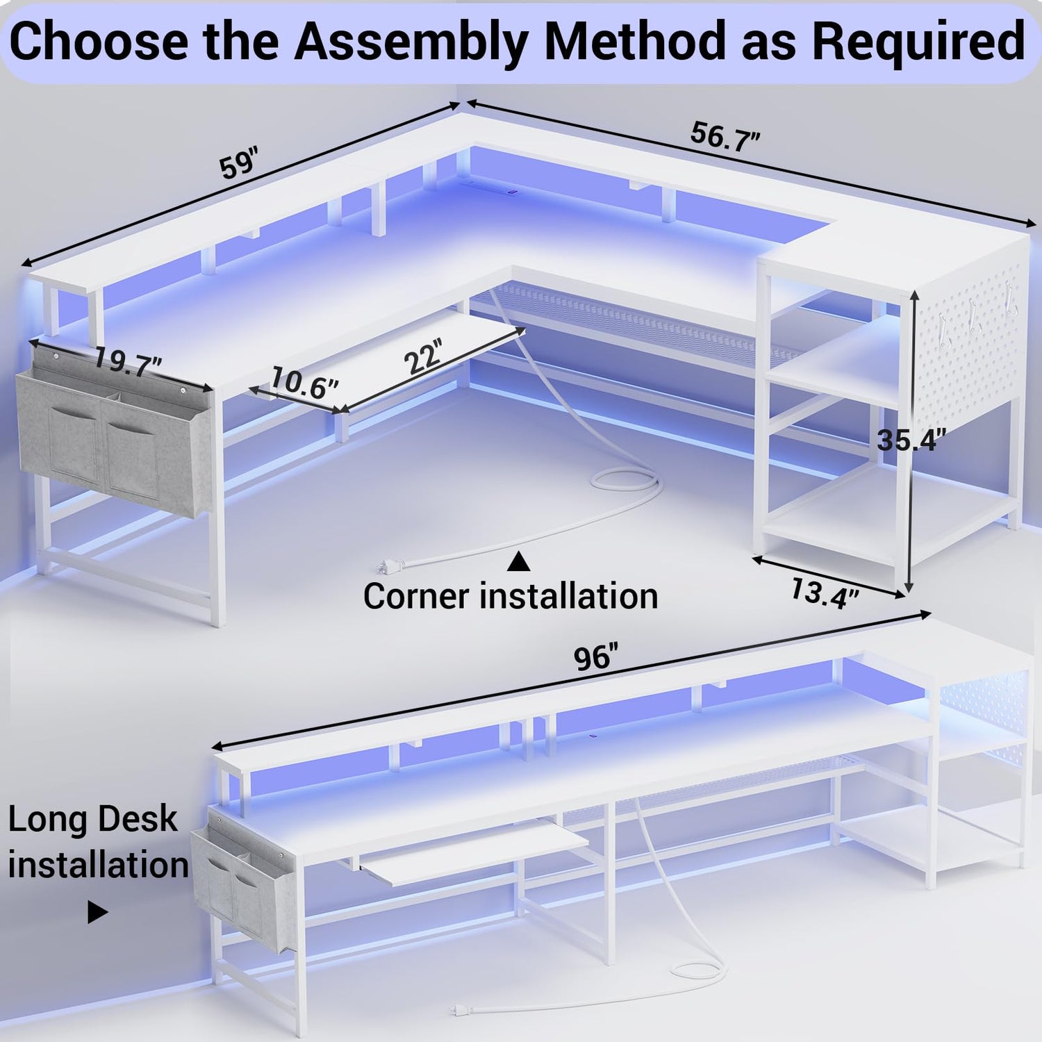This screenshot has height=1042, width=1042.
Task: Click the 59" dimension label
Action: point(238,164)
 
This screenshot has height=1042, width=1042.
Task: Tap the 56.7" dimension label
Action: point(725,136)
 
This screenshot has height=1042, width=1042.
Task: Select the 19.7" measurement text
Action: point(128,361)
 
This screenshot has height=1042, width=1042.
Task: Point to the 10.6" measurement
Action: point(304,382)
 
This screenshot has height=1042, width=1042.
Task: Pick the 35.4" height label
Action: point(911,439)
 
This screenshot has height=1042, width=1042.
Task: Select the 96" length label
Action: point(596,658)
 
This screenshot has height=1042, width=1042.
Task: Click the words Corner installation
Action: point(511,596)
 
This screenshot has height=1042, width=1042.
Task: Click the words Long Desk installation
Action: point(98,842)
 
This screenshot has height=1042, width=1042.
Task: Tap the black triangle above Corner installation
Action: point(518,561)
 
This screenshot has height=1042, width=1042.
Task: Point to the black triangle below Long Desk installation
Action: point(98,913)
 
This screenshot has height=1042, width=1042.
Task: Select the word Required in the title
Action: point(918,42)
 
